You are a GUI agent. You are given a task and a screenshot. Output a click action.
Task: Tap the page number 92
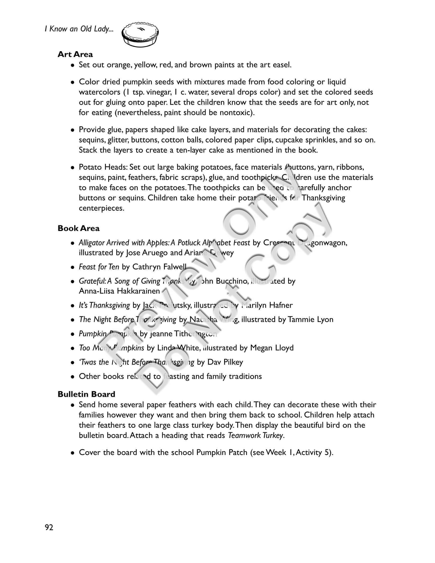pyautogui.click(x=49, y=527)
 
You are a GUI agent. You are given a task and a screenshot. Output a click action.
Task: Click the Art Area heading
pyautogui.click(x=75, y=54)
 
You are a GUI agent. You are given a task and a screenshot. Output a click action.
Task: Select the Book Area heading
pyautogui.click(x=78, y=228)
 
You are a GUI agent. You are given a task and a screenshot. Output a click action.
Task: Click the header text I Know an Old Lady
pyautogui.click(x=79, y=29)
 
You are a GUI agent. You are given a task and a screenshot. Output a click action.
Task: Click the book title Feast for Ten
pyautogui.click(x=99, y=267)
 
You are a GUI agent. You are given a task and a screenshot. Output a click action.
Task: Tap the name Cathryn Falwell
pyautogui.click(x=159, y=267)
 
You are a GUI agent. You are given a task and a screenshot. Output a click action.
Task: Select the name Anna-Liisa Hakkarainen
pyautogui.click(x=119, y=291)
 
